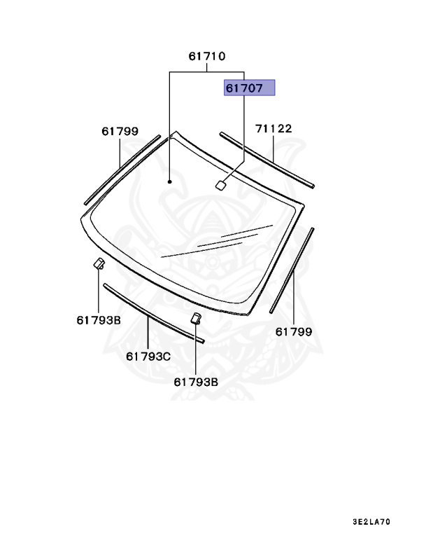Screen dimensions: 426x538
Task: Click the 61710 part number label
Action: tap(207, 56)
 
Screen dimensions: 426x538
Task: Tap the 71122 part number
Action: tap(274, 129)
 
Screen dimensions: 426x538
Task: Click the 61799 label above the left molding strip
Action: tap(120, 132)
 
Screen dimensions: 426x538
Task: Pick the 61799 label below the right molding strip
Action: tap(294, 332)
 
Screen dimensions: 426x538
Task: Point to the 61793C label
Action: tap(148, 357)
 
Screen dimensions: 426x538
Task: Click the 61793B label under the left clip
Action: tap(99, 320)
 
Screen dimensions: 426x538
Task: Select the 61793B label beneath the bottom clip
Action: tap(196, 382)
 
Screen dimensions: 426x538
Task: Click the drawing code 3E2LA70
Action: tap(371, 522)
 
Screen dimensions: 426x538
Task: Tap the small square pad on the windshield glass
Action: tap(220, 185)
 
